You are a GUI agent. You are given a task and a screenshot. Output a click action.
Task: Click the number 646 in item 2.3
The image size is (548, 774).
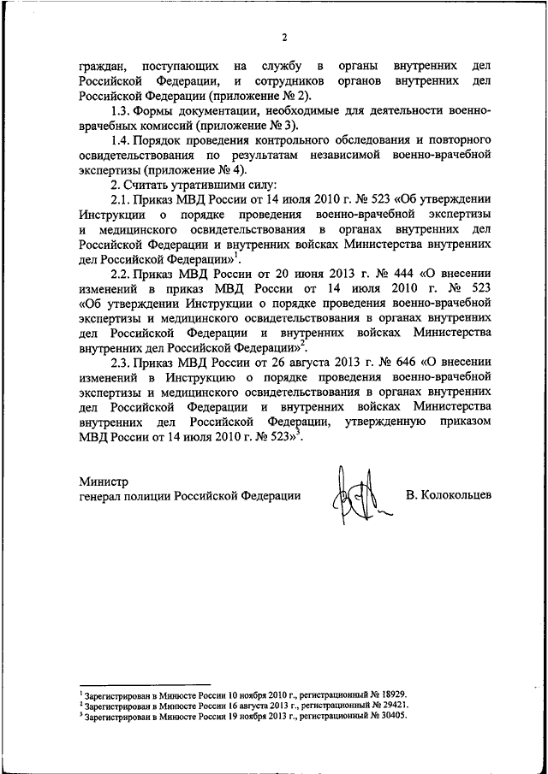click(372, 360)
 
